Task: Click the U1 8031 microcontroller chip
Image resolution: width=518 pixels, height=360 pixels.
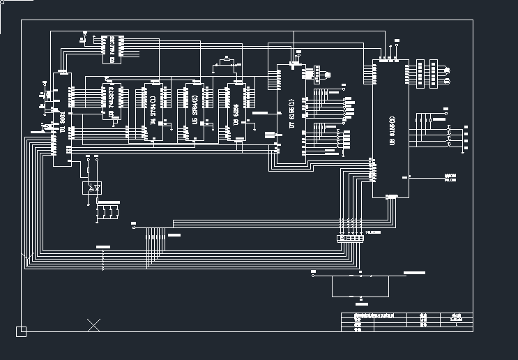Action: point(61,119)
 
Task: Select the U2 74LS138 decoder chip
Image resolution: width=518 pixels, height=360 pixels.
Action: point(111,49)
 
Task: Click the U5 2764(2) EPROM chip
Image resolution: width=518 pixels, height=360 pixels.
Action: point(186,112)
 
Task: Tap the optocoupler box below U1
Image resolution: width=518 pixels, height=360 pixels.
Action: point(93,188)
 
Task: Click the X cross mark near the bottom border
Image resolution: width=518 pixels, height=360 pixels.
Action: point(93,324)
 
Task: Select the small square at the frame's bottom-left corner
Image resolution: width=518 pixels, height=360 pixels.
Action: point(22,331)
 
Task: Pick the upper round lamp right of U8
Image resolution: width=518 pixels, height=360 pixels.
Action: point(446,70)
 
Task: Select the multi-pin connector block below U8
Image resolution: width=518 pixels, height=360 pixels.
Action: point(350,238)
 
